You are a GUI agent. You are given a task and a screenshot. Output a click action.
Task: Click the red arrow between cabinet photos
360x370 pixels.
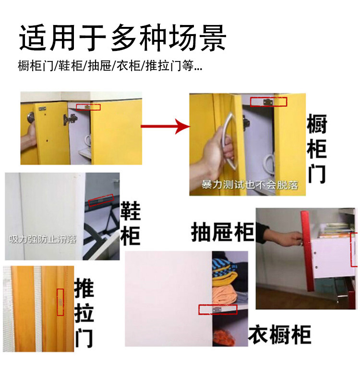[166, 126]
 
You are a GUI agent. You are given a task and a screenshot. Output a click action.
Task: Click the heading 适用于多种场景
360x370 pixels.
[122, 38]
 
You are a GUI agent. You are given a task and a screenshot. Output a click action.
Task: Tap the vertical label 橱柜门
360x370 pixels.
[317, 148]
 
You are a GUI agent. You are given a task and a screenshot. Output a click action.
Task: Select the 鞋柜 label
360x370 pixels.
[131, 223]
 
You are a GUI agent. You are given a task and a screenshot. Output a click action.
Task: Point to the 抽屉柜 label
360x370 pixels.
[223, 232]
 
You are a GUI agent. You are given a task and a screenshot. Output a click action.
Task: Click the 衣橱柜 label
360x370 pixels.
[280, 334]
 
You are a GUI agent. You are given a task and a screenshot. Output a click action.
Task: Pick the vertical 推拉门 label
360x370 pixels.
[84, 313]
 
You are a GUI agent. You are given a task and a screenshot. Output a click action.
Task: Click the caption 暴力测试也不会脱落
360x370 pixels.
[250, 185]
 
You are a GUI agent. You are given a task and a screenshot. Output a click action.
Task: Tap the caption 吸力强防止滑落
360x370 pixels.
[43, 239]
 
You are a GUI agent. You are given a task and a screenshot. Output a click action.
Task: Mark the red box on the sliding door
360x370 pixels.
[60, 302]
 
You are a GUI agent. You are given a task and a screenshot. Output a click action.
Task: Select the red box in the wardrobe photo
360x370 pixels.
[217, 309]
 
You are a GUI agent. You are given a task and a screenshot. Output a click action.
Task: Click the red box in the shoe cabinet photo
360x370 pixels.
[101, 200]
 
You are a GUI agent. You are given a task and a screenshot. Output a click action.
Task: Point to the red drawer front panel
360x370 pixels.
[308, 251]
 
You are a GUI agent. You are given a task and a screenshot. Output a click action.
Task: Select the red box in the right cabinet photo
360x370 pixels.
[268, 102]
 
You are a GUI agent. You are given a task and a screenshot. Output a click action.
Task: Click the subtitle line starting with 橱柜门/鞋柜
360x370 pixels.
[110, 66]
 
